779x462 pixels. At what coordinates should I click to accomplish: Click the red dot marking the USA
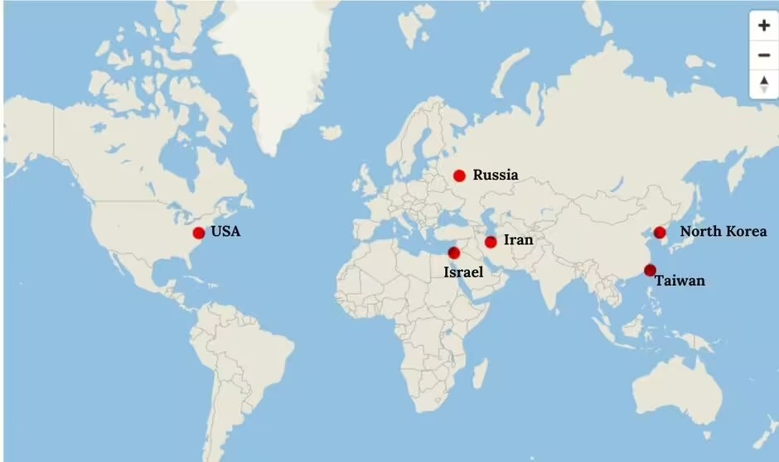[x=199, y=233]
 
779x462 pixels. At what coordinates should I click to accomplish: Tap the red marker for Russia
[x=459, y=176]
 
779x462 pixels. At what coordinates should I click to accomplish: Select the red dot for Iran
[x=491, y=242]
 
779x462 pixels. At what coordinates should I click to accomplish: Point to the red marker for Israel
[x=453, y=253]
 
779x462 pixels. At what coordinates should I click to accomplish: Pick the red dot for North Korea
[x=660, y=233]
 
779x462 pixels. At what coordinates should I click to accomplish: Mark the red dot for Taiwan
[x=650, y=270]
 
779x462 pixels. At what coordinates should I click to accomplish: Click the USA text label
[x=225, y=232]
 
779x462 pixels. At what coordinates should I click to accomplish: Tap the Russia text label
[x=496, y=175]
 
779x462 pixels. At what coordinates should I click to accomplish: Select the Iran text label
[x=518, y=240]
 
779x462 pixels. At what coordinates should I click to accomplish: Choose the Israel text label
[x=463, y=272]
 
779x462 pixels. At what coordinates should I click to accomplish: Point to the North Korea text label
[x=723, y=232]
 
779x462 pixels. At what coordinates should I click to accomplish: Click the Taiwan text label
[x=680, y=282]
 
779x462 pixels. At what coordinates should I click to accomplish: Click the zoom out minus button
[x=763, y=55]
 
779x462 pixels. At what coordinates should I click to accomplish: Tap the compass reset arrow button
[x=763, y=83]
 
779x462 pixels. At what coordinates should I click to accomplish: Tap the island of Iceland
[x=331, y=132]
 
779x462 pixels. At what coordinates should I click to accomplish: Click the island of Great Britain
[x=368, y=179]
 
